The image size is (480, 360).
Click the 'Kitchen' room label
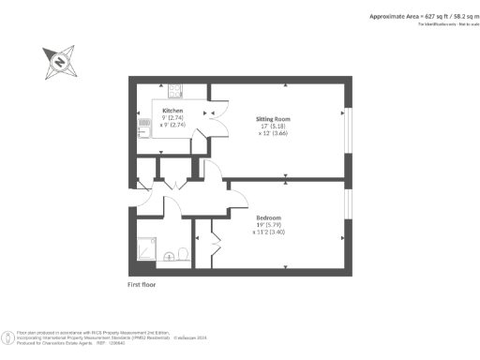172,111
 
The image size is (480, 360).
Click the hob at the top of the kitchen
174,91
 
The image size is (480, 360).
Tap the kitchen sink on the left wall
142,127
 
